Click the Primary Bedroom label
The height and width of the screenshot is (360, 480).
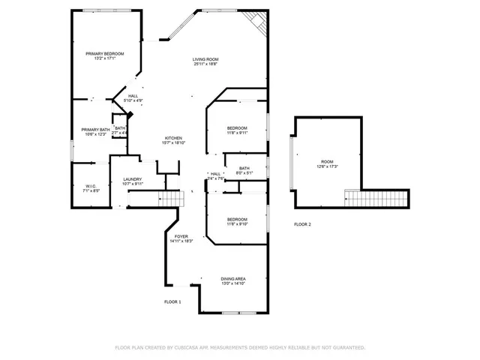click(104, 54)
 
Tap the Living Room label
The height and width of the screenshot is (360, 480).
click(205, 59)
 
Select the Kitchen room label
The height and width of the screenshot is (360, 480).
click(174, 138)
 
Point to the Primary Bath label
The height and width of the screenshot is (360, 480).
click(95, 129)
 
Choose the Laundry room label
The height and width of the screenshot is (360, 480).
click(133, 179)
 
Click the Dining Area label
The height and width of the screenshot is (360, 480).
click(232, 279)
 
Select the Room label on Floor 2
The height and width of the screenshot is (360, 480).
click(327, 161)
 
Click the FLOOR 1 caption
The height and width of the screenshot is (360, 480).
click(172, 301)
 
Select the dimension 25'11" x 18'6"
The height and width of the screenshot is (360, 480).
click(205, 65)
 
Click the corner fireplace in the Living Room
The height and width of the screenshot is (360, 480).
click(257, 21)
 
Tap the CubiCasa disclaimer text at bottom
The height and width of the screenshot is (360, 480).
click(239, 347)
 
